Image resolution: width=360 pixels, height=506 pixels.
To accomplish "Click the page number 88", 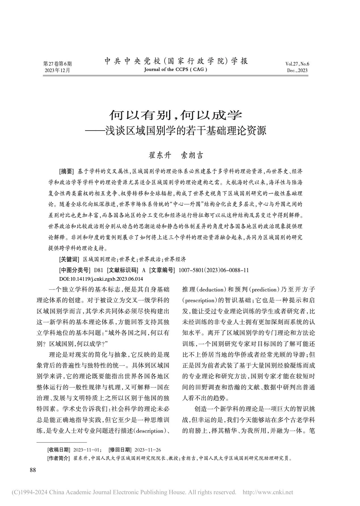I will click(33, 470).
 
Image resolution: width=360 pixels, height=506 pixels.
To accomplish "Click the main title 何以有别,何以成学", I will click(176, 115).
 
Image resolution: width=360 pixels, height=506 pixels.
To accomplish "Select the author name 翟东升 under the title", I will click(160, 155).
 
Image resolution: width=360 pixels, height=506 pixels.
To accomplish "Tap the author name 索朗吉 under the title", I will click(193, 155).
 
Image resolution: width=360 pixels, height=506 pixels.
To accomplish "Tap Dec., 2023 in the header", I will click(297, 71).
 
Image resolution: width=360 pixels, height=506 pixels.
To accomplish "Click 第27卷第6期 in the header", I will click(58, 64).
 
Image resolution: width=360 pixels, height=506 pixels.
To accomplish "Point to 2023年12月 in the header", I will click(57, 70).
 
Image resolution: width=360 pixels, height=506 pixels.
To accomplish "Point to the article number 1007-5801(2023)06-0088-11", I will click(213, 270).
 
